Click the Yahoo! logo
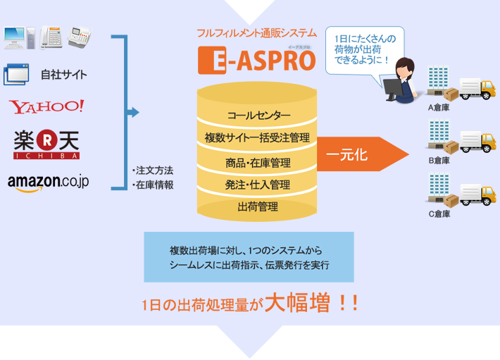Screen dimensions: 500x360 (x=46, y=106)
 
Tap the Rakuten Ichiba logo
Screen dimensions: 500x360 (x=46, y=144)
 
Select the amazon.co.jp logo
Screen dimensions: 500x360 (x=48, y=182)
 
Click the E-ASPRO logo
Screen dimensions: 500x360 (x=257, y=61)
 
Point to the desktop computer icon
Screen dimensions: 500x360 (x=19, y=37)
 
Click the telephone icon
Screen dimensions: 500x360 (x=51, y=37)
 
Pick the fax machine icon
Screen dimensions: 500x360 (x=80, y=37)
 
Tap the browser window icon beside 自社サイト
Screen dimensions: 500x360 (x=16, y=74)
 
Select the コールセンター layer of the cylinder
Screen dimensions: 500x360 (x=258, y=115)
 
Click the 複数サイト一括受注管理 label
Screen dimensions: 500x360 (x=257, y=138)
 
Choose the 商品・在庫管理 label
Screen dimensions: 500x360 (x=258, y=163)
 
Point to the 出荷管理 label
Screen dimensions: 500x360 (x=258, y=206)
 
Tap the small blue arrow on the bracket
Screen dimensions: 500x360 (x=133, y=112)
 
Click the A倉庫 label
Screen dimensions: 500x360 (x=439, y=108)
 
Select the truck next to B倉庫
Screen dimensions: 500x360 (x=477, y=142)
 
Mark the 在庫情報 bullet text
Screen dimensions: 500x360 (x=153, y=185)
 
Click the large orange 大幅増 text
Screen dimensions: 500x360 (x=297, y=302)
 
